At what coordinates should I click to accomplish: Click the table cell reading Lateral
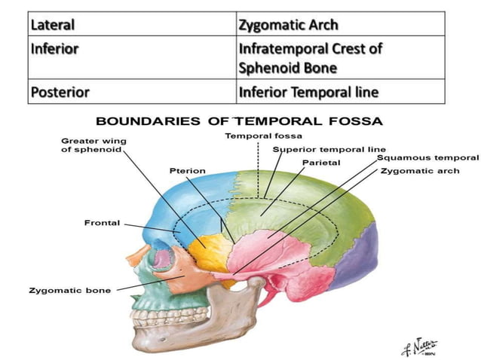click(x=132, y=24)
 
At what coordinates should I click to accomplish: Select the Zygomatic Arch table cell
click(x=341, y=24)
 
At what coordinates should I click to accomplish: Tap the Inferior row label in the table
click(x=132, y=57)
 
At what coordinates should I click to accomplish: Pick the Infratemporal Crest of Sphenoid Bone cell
click(x=341, y=57)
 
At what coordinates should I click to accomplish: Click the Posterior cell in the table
click(x=132, y=91)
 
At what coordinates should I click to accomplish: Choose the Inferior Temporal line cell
click(x=341, y=91)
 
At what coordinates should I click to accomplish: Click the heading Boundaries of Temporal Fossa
click(x=239, y=121)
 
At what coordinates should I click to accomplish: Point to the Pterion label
click(x=188, y=171)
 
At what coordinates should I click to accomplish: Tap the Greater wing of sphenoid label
click(x=93, y=145)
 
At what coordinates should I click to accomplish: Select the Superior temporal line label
click(x=329, y=150)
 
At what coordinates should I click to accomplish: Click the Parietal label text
click(x=321, y=163)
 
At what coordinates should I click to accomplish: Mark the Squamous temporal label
click(x=427, y=158)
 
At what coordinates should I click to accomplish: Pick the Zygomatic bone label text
click(x=69, y=290)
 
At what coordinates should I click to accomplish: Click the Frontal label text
click(x=102, y=223)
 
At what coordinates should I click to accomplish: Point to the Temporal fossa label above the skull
click(x=264, y=136)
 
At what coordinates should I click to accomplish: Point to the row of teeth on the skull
click(x=170, y=316)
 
